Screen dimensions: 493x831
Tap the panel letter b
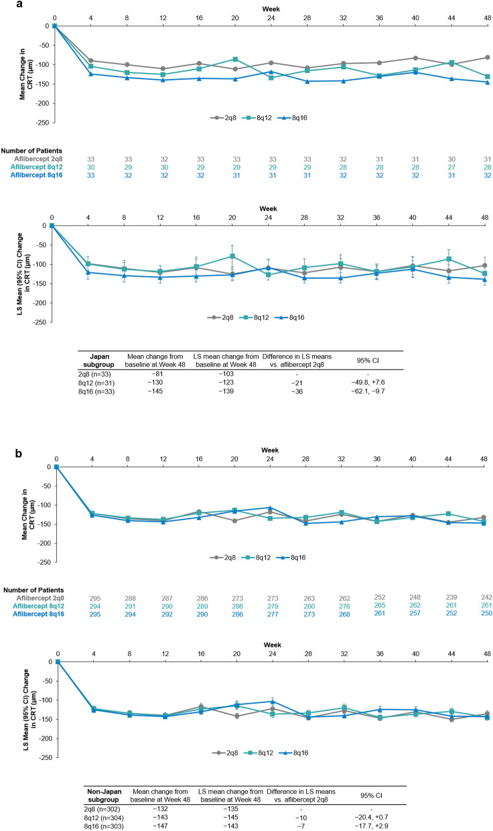(19, 453)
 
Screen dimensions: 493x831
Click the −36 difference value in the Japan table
(297, 391)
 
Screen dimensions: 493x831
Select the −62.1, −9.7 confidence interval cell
(368, 391)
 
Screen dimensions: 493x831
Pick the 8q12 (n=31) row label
(96, 383)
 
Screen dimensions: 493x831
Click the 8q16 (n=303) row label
(104, 826)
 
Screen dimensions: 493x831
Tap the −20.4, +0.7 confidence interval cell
(371, 817)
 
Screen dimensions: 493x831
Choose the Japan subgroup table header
(98, 361)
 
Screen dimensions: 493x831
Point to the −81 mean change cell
(155, 374)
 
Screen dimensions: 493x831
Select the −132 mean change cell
(160, 809)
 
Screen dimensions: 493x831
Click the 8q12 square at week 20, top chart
(235, 59)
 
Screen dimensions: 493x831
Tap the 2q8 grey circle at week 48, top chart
(488, 58)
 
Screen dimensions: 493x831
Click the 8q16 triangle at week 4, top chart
(91, 74)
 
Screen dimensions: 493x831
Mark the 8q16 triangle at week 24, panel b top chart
(270, 507)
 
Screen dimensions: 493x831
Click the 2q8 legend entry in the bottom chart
(225, 753)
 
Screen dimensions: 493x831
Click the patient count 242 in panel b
(486, 597)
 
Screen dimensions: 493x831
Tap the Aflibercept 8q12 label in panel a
(36, 167)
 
